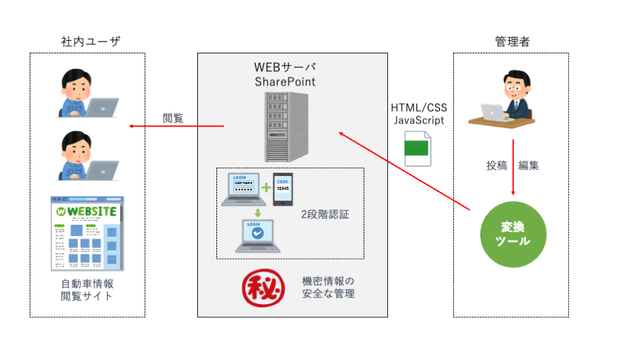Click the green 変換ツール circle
513,234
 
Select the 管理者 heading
512,42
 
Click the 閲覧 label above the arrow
174,119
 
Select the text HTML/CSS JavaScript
418,113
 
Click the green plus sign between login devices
265,188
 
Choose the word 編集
529,165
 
